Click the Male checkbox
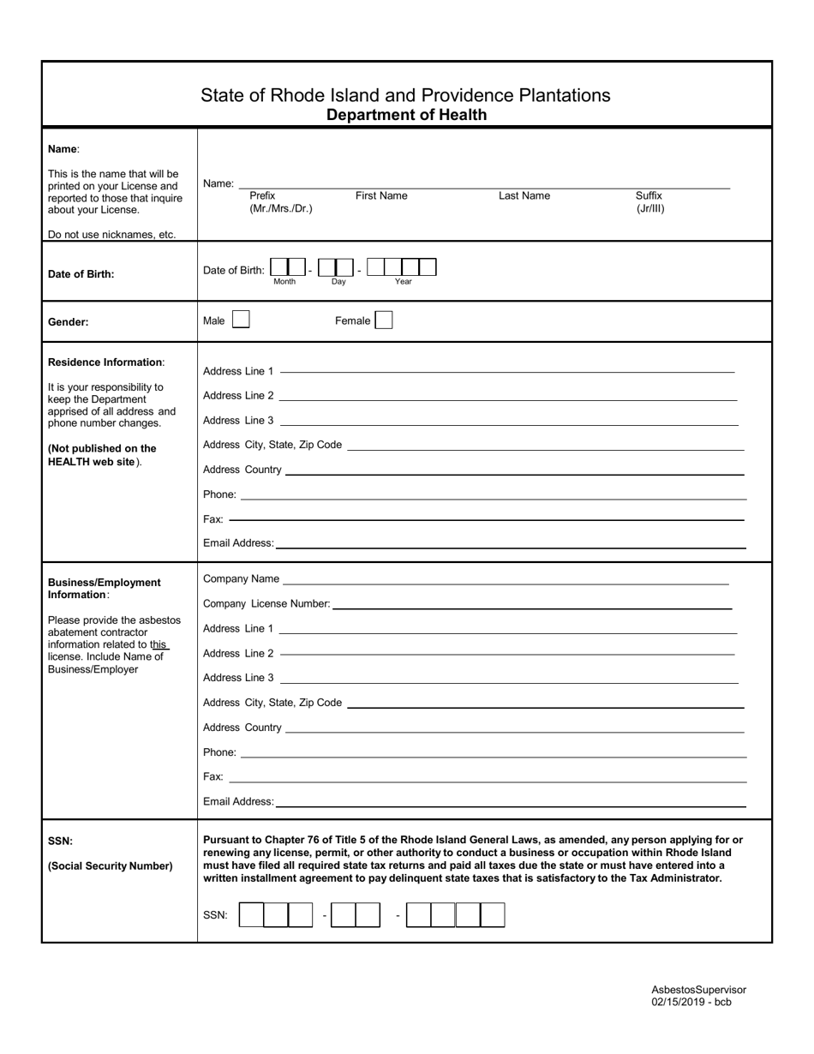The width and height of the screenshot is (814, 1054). coord(241,320)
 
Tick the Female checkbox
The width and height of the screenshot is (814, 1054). coord(384,320)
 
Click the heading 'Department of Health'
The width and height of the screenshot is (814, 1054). coord(406,115)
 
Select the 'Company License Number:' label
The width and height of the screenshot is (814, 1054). coord(266,604)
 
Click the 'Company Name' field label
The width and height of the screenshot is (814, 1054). coord(241,579)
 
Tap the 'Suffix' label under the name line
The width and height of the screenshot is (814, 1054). coord(649,196)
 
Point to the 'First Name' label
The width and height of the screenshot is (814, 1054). coord(381,196)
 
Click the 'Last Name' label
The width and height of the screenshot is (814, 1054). coord(524,196)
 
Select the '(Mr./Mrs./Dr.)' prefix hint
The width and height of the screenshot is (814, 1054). coord(281,209)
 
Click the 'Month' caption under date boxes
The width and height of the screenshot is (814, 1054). coord(284,282)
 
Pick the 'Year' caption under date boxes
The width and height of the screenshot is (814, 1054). coord(403,282)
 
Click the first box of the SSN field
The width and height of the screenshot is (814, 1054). coord(251,915)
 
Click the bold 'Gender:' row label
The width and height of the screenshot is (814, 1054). coord(69,323)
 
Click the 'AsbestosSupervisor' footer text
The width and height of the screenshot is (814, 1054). coord(698,989)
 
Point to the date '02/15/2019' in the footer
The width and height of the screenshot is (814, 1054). coord(679,1002)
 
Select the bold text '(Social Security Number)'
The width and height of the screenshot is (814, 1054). coord(111,866)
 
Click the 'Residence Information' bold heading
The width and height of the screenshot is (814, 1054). coord(105,362)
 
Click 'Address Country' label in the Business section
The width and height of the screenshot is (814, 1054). coord(242,728)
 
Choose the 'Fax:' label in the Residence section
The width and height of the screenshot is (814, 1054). coord(213,519)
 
